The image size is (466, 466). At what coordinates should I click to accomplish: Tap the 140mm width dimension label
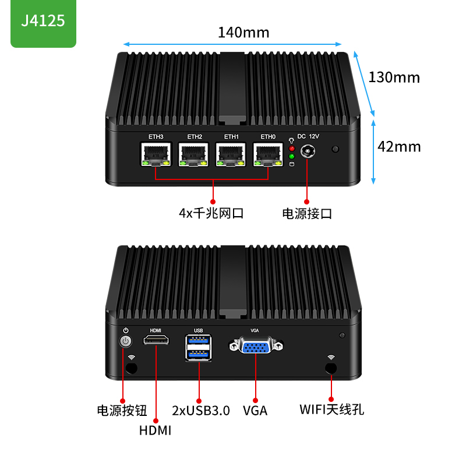[x=243, y=32]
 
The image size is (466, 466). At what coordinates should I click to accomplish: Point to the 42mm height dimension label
[x=399, y=146]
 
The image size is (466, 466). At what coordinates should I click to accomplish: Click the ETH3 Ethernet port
[x=156, y=155]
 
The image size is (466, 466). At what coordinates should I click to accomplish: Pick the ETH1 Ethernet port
[x=232, y=155]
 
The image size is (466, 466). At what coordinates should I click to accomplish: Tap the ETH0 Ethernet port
[x=269, y=155]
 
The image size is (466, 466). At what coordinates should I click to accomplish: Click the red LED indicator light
[x=291, y=148]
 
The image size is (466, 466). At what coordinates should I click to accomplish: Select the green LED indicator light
[x=291, y=156]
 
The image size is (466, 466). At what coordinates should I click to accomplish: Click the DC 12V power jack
[x=308, y=153]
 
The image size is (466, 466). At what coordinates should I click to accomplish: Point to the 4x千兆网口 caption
[x=211, y=213]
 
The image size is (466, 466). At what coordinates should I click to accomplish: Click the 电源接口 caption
[x=307, y=213]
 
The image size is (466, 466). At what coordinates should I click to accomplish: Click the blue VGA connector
[x=256, y=347]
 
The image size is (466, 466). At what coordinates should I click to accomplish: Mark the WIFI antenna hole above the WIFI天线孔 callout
[x=331, y=368]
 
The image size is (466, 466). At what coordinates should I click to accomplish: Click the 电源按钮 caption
[x=122, y=410]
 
